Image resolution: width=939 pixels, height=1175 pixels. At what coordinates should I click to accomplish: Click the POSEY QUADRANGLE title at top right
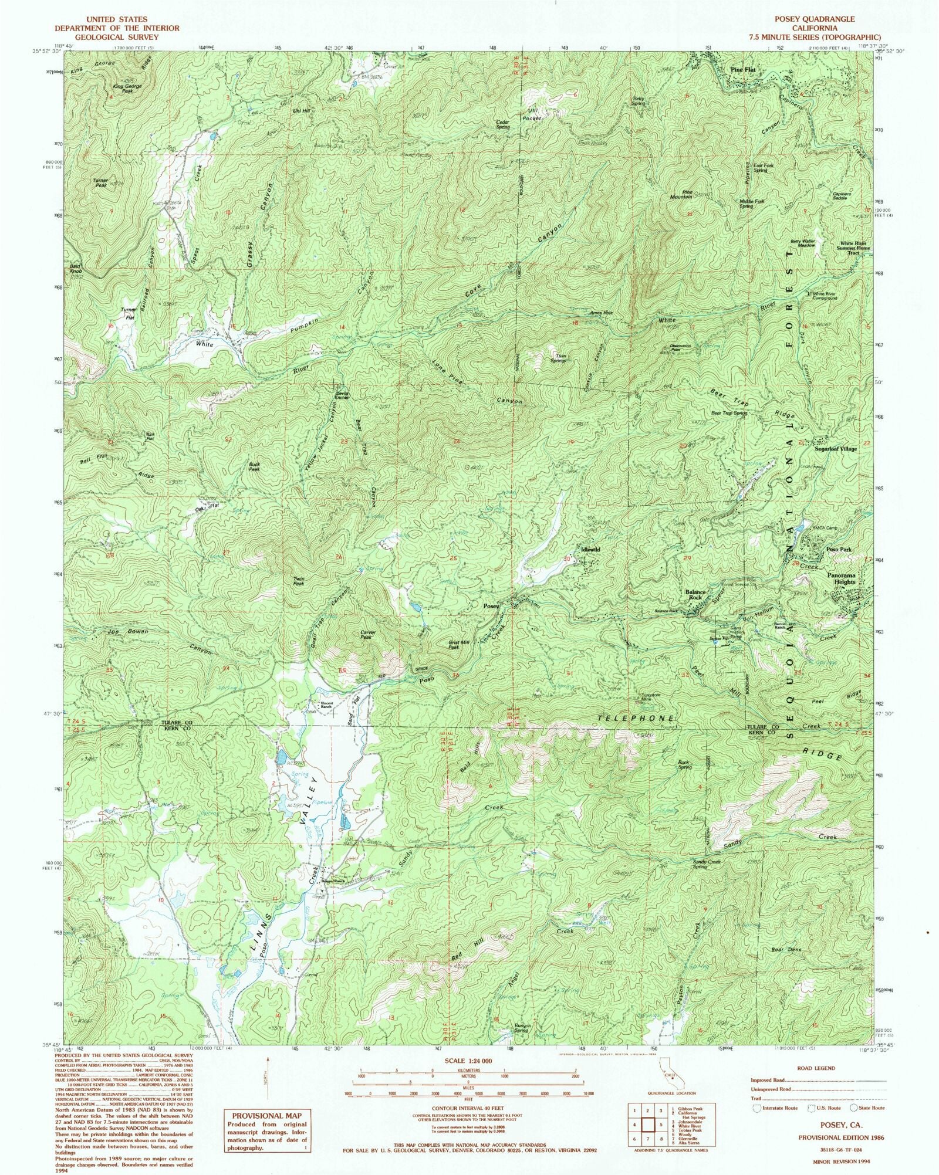click(x=814, y=19)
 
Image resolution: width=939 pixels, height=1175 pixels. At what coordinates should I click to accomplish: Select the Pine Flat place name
click(x=742, y=70)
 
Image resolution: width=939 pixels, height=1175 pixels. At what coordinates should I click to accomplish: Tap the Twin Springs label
click(x=557, y=358)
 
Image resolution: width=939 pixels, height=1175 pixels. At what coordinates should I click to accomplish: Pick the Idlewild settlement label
click(x=590, y=550)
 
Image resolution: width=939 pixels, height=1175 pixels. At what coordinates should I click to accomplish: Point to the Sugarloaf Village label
click(x=835, y=449)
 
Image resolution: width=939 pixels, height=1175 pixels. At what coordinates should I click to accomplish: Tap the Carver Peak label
click(x=367, y=635)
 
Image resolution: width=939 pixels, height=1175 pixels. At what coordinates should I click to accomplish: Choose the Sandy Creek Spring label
click(x=707, y=865)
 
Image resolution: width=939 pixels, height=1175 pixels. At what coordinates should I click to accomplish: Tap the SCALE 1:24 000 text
click(x=468, y=1061)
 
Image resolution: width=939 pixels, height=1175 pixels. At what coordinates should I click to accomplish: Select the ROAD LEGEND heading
click(x=816, y=1068)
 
